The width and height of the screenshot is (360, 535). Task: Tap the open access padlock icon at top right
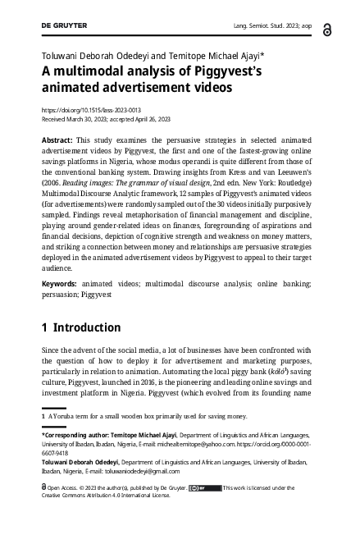[327, 30]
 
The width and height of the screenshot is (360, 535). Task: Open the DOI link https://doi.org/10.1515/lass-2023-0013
[91, 108]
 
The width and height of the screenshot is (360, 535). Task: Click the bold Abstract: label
[61, 141]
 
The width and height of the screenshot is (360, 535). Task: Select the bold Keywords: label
[63, 283]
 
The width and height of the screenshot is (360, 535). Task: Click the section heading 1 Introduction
[81, 327]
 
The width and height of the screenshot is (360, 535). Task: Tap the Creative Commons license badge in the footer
[204, 488]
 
